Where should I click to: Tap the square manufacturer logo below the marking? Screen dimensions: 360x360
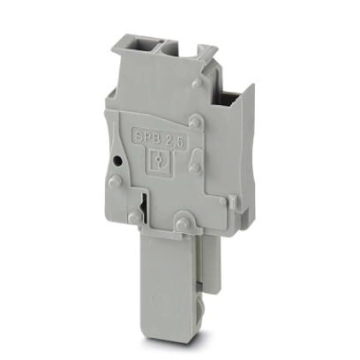(159, 159)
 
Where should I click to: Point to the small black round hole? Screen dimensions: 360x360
(117, 161)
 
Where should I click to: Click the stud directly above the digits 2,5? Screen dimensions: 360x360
(194, 122)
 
